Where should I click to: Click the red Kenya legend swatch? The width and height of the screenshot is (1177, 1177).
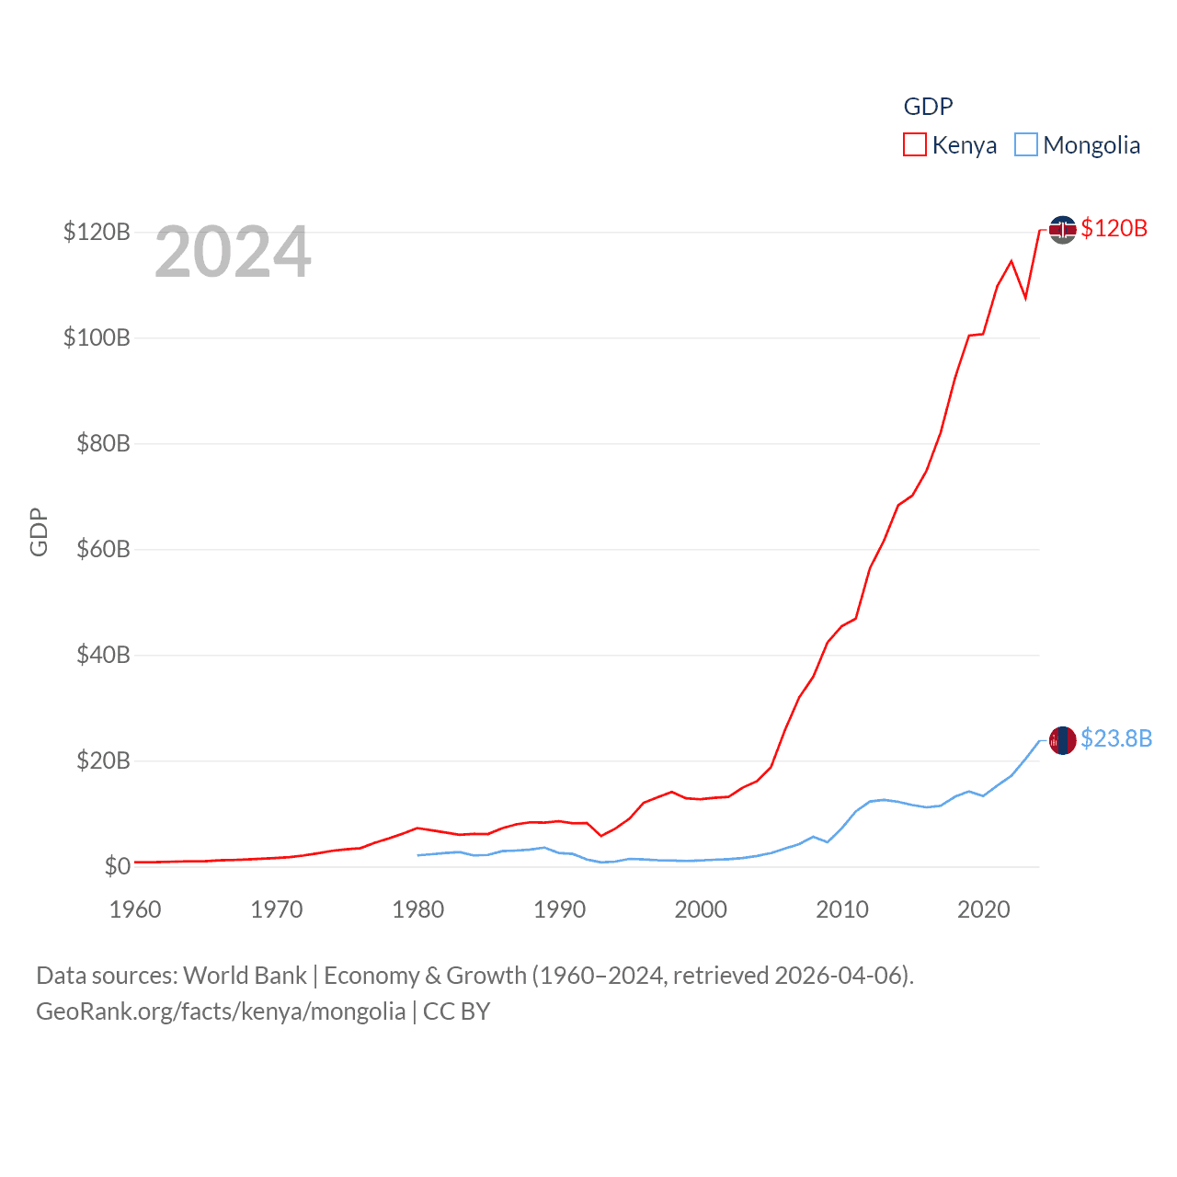[x=915, y=145]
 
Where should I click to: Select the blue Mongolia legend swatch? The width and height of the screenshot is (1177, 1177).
[x=1026, y=145]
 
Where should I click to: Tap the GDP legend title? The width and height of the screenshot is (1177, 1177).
[x=928, y=107]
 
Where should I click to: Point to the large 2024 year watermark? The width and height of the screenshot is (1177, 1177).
[x=233, y=252]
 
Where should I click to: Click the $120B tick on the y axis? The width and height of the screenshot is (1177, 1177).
[x=97, y=232]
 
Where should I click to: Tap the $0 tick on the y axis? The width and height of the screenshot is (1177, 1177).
[x=117, y=867]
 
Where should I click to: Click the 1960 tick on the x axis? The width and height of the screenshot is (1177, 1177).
[x=135, y=909]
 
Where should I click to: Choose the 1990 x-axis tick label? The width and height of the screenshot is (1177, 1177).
[x=559, y=909]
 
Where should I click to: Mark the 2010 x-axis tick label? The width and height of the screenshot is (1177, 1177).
[x=842, y=909]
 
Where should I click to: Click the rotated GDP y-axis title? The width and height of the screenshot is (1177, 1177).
[x=39, y=531]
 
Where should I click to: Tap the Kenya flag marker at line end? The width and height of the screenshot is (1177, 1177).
[x=1063, y=229]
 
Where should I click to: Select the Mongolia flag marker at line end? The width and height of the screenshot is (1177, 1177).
[x=1063, y=739]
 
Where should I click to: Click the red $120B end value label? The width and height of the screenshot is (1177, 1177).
[x=1114, y=228]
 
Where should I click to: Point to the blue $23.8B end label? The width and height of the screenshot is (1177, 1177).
[x=1116, y=738]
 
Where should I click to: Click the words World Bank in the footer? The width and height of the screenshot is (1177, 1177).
[x=246, y=975]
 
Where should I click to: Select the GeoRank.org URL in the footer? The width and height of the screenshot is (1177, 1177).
[x=221, y=1011]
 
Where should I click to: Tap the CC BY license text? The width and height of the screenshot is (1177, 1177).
[x=456, y=1011]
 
